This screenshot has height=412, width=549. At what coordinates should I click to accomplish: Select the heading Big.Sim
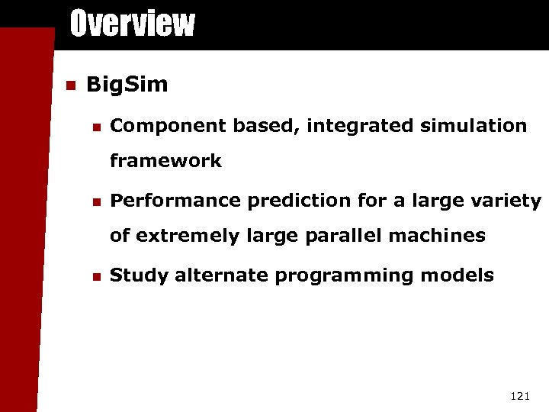click(127, 85)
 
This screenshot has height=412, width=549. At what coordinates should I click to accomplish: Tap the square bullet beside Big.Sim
click(71, 85)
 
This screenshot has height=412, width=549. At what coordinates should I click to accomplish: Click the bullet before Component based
click(94, 126)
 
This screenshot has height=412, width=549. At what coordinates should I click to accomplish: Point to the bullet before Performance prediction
click(94, 201)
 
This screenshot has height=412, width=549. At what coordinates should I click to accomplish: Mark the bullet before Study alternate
click(94, 275)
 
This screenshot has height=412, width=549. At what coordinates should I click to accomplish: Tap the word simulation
click(472, 125)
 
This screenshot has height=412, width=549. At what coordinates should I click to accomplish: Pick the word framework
click(165, 161)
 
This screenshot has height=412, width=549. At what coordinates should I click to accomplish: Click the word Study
click(140, 275)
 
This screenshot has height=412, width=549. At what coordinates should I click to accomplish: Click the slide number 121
click(519, 395)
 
